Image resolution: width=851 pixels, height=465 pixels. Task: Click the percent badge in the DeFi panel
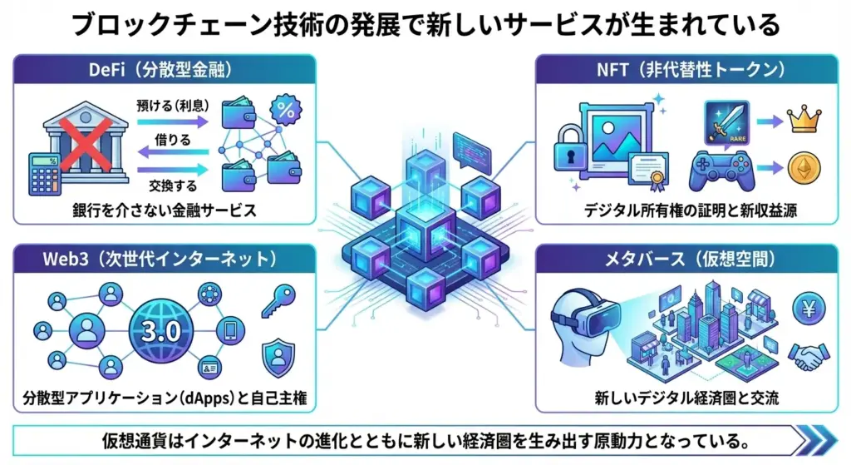point(288,110)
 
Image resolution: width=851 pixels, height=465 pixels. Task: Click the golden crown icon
point(804,121)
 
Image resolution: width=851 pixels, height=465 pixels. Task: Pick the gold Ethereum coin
point(804,167)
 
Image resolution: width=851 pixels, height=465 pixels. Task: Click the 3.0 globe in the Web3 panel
point(162,331)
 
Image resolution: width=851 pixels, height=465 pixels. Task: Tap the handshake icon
point(806,356)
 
